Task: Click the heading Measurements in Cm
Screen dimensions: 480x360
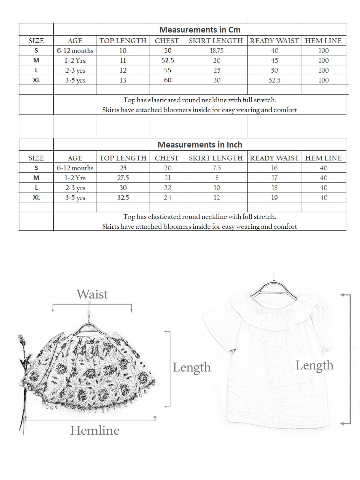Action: point(200,30)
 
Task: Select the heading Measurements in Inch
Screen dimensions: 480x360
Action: point(200,145)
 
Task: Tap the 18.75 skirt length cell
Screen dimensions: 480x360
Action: point(217,50)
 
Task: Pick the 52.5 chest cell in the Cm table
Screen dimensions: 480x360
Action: point(168,60)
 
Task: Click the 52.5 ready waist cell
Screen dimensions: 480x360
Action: point(274,80)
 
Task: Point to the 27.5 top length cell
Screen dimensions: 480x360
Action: point(123,178)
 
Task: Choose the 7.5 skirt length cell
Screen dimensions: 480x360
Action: point(217,168)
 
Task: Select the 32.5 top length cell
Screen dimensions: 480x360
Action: point(123,198)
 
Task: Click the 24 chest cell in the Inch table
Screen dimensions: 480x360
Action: point(167,198)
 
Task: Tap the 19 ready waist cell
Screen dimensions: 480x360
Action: point(274,198)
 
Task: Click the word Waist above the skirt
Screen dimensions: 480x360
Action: point(92,294)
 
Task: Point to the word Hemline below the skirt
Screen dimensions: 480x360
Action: point(95,430)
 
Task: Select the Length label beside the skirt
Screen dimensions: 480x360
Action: point(191,367)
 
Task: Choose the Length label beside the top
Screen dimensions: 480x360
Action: point(314,365)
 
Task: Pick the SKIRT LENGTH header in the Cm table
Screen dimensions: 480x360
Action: point(216,41)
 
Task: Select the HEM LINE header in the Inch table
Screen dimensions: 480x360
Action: point(323,158)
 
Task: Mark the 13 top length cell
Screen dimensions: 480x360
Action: point(123,80)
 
